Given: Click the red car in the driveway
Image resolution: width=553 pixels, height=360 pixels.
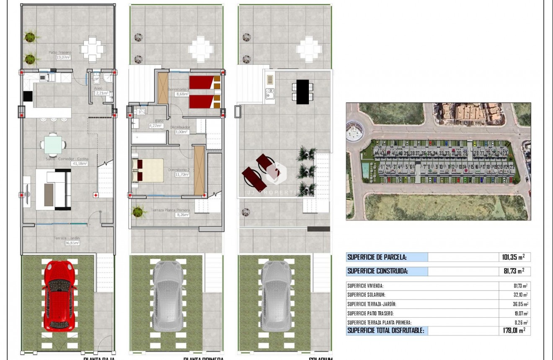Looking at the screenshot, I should (x=60, y=295).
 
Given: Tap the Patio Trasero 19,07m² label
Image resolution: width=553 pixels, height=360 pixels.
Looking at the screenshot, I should (x=59, y=55).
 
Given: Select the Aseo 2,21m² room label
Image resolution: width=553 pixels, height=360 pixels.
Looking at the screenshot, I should (x=101, y=91).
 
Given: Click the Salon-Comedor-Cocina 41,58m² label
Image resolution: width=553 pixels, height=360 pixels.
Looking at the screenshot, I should (x=67, y=161).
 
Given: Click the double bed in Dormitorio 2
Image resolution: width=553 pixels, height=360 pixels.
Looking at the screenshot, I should (x=148, y=170).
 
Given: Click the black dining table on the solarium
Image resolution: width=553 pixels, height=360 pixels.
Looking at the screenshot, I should (x=302, y=92).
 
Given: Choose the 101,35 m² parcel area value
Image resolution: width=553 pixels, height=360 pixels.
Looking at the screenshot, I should (x=514, y=257).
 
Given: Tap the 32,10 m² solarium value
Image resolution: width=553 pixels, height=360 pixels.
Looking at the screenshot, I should (x=519, y=295).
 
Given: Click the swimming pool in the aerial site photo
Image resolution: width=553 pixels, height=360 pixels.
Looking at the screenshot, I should (x=365, y=170).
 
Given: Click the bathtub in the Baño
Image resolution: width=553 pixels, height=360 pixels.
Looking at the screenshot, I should (x=149, y=139).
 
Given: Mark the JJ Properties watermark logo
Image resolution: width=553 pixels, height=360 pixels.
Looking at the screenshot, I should (x=276, y=173).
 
